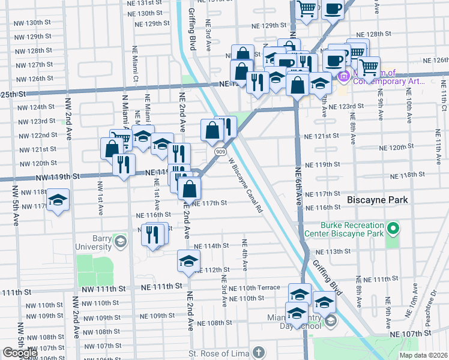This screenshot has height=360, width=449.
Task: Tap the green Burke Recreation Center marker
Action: pyautogui.click(x=393, y=228)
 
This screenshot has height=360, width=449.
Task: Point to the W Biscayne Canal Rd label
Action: pyautogui.click(x=246, y=185)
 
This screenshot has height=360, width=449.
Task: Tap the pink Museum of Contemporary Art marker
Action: pyautogui.click(x=344, y=77)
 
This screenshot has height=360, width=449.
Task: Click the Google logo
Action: pyautogui.click(x=19, y=353)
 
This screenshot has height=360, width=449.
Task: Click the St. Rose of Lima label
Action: pyautogui.click(x=218, y=352)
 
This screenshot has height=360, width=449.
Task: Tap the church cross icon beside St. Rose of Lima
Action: pyautogui.click(x=258, y=352)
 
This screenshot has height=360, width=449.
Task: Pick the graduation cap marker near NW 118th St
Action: pyautogui.click(x=58, y=199)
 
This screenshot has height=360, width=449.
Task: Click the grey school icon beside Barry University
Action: pyautogui.click(x=121, y=242)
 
